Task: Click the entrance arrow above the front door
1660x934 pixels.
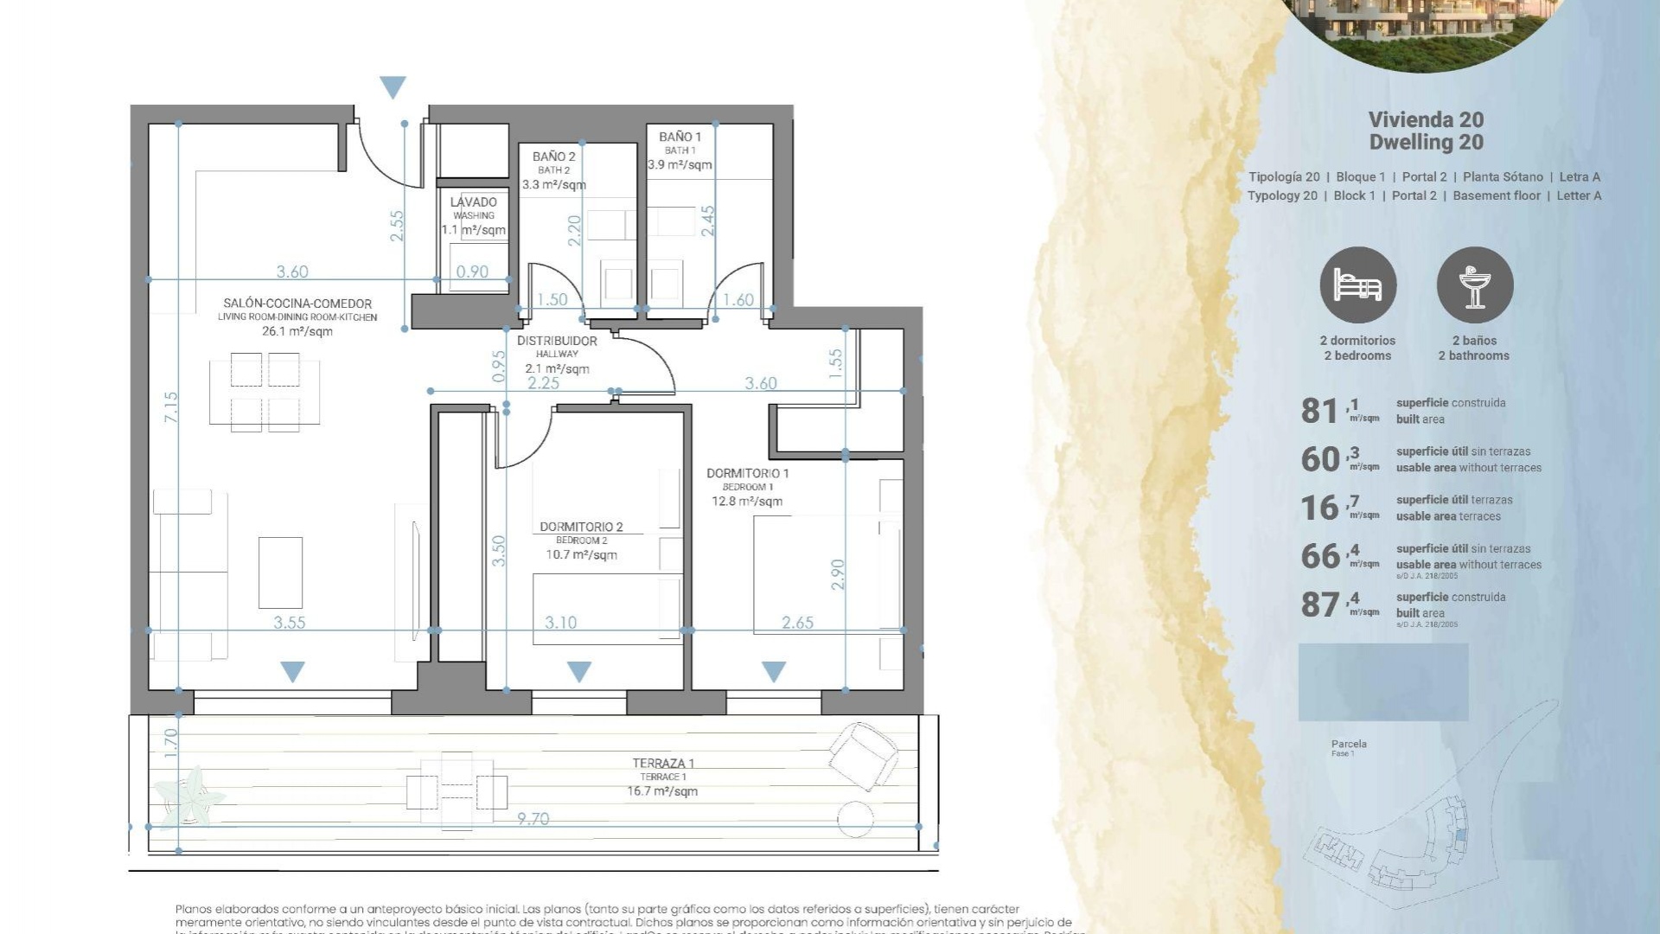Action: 393,86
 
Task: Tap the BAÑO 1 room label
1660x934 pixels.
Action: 680,137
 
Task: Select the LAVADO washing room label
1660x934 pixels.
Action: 473,202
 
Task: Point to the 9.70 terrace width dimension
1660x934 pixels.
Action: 533,818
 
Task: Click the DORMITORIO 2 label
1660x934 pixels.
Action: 581,527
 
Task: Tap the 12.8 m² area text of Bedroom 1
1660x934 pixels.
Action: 747,502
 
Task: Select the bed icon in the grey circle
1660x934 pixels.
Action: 1357,285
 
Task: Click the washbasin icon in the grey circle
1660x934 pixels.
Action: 1474,285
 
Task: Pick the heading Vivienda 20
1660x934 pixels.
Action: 1426,120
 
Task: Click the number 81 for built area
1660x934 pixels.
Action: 1319,411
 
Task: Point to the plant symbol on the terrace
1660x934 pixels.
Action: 189,796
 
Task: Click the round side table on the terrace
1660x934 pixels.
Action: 855,817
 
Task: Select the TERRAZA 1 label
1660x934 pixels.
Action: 662,764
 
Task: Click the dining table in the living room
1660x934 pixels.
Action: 264,392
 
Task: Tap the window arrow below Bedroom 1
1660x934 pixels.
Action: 774,671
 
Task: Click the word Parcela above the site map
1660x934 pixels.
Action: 1349,744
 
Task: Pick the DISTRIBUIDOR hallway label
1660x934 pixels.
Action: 557,342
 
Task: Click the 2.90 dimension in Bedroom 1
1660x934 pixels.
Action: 837,574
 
